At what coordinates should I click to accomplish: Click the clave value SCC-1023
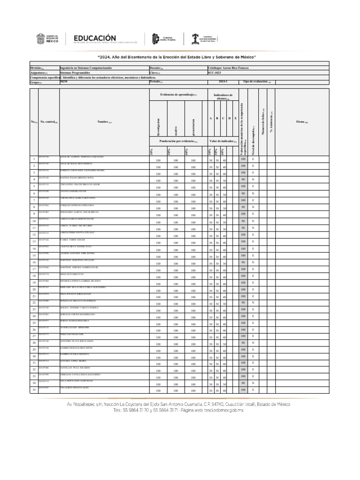coord(214,73)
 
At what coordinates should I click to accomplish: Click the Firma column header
coord(302,121)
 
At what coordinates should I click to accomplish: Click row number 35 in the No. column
coord(34,390)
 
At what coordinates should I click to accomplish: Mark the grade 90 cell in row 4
coord(243,180)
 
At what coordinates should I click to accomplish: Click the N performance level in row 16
coord(253,262)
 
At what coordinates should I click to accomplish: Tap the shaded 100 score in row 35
coord(243,390)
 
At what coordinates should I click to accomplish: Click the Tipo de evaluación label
coord(257,82)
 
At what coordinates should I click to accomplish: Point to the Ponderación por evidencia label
coord(178,141)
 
